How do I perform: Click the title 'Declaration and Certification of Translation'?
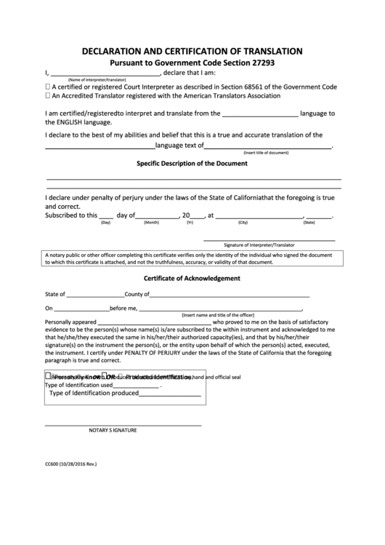click(192, 52)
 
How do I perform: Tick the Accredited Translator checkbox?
click(48, 95)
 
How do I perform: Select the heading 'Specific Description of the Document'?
click(192, 164)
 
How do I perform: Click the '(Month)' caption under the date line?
click(151, 223)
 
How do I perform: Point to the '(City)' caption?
click(243, 223)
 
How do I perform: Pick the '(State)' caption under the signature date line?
click(309, 223)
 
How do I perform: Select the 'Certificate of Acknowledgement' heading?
click(192, 279)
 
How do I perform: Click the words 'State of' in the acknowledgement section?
click(55, 295)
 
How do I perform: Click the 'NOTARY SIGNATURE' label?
click(113, 430)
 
